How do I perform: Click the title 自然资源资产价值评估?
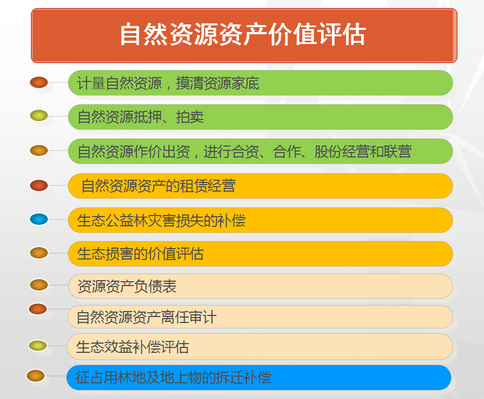tap(243, 34)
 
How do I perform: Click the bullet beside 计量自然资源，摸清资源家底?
tap(39, 83)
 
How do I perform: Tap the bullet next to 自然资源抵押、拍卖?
tap(39, 116)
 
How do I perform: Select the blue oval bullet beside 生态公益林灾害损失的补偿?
tap(39, 219)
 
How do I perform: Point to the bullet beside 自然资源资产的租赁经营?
tap(39, 186)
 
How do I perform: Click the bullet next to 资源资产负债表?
tap(39, 284)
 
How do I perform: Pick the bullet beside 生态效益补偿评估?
tap(37, 346)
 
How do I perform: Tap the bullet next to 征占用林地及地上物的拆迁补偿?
tap(35, 376)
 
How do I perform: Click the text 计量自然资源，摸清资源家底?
tap(168, 83)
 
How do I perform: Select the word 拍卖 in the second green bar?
tap(190, 117)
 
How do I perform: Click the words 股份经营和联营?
tap(363, 151)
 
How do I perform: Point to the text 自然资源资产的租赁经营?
tap(159, 186)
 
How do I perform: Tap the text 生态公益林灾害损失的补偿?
tap(161, 220)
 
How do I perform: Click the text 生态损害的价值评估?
tap(141, 254)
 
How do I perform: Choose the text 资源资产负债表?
tap(127, 286)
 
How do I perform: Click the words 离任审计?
tap(188, 317)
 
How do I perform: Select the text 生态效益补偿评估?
tap(133, 347)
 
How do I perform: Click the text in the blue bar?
tap(173, 377)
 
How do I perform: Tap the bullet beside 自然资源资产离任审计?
tap(37, 309)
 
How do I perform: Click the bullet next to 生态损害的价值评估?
tap(39, 253)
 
